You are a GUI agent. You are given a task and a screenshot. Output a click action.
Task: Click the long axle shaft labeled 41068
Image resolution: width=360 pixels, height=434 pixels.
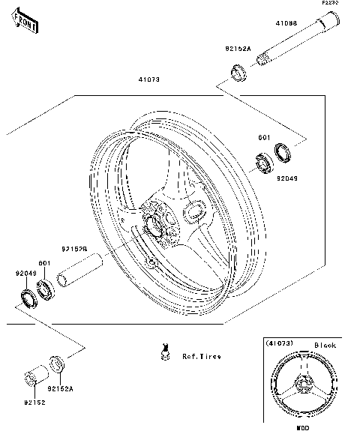(295, 46)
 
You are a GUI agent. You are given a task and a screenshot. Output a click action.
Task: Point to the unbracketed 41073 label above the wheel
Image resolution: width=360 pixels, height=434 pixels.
(148, 79)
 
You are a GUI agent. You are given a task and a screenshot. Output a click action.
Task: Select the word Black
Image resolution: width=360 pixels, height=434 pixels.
(325, 345)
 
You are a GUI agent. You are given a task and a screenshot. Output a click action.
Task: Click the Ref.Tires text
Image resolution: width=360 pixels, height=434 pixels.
(202, 356)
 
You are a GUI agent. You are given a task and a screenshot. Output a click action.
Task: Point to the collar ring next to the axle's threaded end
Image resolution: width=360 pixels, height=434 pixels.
(239, 73)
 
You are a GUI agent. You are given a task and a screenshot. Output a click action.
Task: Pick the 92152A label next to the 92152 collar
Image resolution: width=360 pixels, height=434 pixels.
(58, 390)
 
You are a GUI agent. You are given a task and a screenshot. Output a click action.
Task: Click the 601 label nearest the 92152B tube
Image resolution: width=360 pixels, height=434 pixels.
(44, 263)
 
